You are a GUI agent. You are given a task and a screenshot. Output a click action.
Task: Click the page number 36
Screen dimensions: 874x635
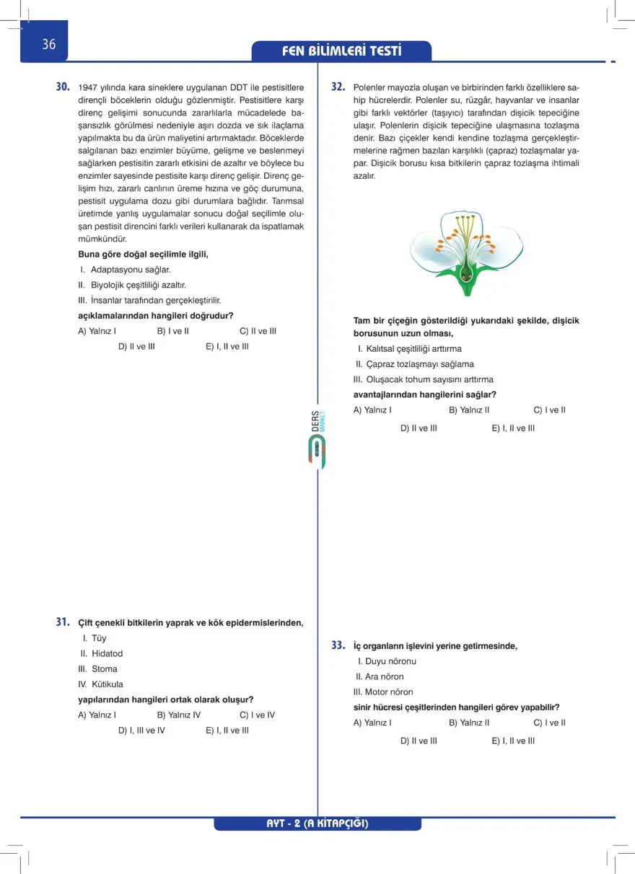(48, 45)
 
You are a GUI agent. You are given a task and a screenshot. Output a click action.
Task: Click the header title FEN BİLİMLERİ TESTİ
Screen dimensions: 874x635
(341, 51)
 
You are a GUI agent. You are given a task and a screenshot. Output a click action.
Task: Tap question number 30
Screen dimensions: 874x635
(63, 87)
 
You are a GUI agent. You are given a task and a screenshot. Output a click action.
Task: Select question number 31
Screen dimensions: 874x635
(63, 622)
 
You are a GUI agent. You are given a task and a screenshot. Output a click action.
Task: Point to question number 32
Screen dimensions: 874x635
(338, 87)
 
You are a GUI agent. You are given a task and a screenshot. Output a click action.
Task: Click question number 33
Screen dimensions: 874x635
(338, 645)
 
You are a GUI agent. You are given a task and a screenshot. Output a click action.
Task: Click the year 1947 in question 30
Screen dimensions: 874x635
(89, 88)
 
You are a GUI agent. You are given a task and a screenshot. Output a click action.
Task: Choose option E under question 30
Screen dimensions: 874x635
(227, 346)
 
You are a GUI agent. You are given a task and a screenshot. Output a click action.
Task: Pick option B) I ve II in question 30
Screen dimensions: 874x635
(172, 331)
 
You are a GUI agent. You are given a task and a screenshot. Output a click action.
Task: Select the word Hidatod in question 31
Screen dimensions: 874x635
(107, 653)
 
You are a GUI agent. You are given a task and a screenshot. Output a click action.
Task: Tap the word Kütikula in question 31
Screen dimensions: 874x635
(107, 684)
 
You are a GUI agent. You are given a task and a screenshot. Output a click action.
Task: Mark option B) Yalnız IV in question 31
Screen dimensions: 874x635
(178, 715)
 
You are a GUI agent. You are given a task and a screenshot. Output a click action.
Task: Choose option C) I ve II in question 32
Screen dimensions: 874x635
(549, 410)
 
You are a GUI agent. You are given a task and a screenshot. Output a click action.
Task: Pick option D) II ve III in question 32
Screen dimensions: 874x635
(419, 428)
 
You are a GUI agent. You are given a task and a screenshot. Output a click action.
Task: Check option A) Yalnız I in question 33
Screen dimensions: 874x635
(372, 722)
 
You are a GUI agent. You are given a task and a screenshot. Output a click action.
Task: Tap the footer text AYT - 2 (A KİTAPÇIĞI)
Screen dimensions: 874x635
(317, 824)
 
